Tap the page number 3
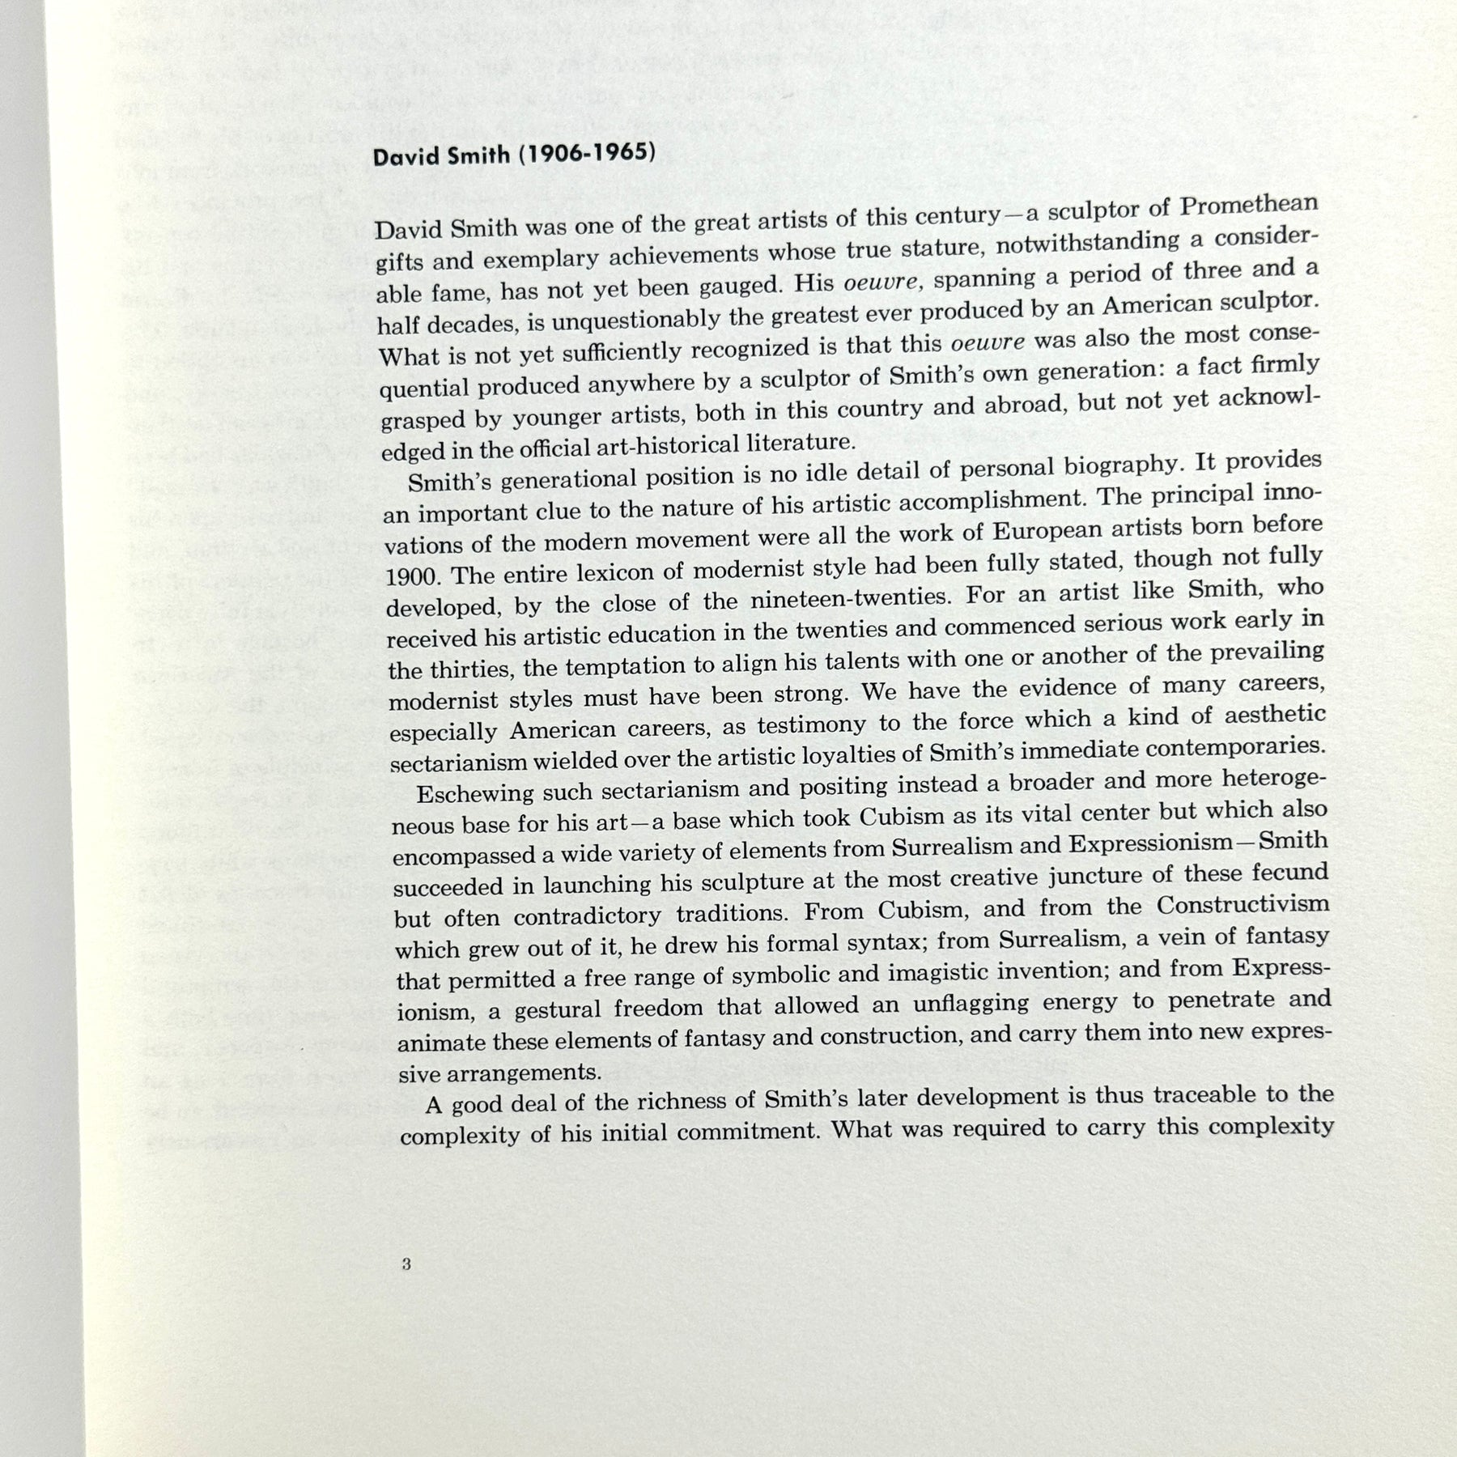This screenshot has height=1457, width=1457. [406, 1264]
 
